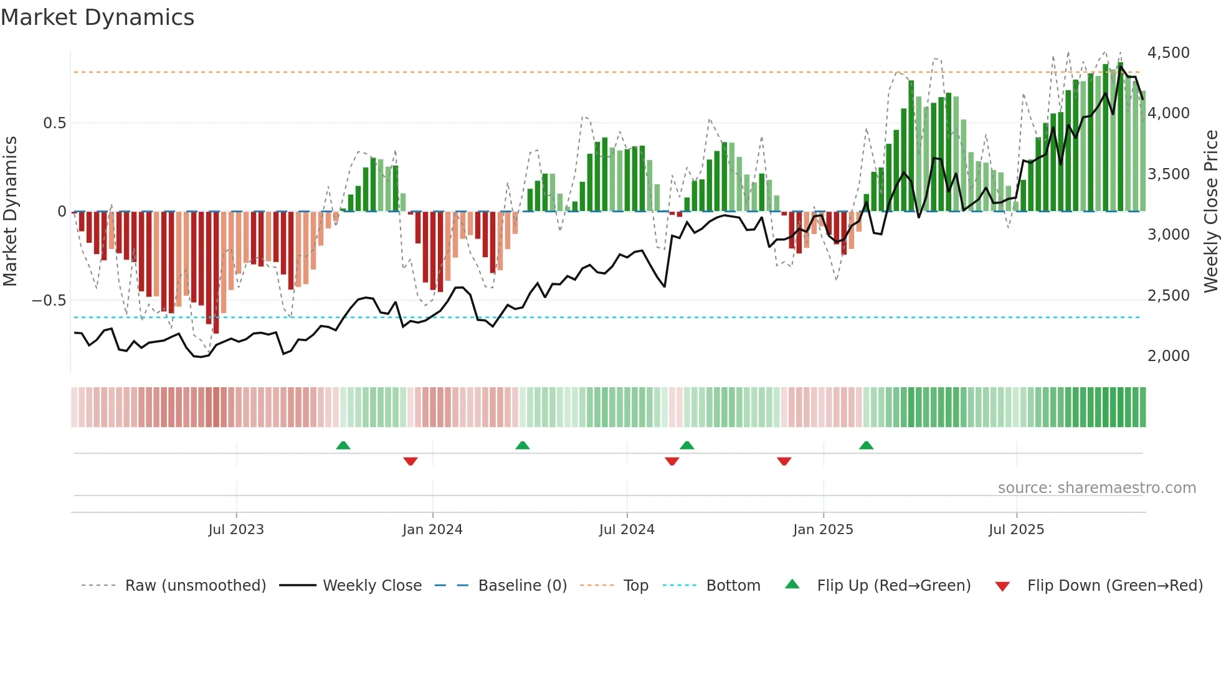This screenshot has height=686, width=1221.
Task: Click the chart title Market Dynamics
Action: coord(97,17)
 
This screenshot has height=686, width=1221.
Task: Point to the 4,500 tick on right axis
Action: coord(1168,53)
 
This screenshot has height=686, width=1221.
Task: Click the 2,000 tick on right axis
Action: coord(1168,356)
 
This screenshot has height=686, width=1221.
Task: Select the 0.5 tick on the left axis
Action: coord(54,123)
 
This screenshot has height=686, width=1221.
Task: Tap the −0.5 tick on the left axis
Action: coord(49,301)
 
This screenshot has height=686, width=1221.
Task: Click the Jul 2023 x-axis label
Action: coord(236,530)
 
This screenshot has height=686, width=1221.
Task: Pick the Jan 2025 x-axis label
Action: coord(823,530)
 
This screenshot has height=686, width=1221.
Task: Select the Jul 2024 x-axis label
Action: coord(627,530)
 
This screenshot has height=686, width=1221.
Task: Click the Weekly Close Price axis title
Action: coord(1210,212)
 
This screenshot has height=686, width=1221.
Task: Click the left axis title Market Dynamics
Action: coord(10,212)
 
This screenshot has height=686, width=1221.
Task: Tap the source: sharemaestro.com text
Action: coord(1096,488)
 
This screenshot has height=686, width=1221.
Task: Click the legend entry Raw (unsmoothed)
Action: coord(195,586)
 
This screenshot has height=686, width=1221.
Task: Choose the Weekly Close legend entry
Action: coord(372,586)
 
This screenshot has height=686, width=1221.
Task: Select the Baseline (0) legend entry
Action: coord(522,586)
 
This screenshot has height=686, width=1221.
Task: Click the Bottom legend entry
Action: coord(733,586)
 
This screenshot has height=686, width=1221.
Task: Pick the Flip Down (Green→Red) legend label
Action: coord(1114,586)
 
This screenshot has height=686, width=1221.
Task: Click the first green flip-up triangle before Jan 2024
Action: coord(343,445)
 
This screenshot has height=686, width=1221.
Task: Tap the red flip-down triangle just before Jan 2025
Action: coord(784,461)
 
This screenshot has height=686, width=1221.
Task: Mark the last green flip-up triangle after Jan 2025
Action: coord(866,445)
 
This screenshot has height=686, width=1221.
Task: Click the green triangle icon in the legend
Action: coord(792,585)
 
